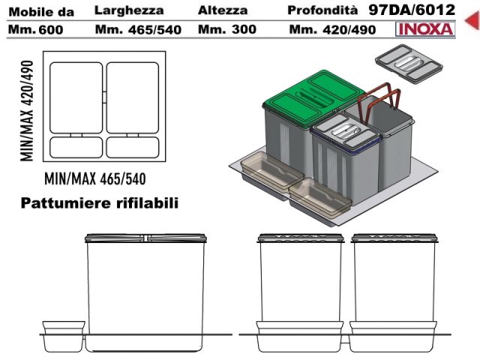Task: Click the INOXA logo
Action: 425,29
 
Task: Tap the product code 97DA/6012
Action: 412,10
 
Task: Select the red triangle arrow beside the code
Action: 472,20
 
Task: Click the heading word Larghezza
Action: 129,11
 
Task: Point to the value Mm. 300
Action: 227,29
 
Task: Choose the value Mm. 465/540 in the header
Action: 138,30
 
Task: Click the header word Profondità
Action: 322,10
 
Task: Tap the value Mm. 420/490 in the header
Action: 332,30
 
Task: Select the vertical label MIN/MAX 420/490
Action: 27,111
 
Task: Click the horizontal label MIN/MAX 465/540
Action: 95,178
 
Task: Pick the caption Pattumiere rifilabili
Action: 100,203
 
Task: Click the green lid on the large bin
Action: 313,92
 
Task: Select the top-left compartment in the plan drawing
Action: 76,97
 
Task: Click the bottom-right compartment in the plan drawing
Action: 133,147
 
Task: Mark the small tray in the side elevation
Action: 64,336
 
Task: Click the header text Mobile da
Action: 41,12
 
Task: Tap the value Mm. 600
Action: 36,30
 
